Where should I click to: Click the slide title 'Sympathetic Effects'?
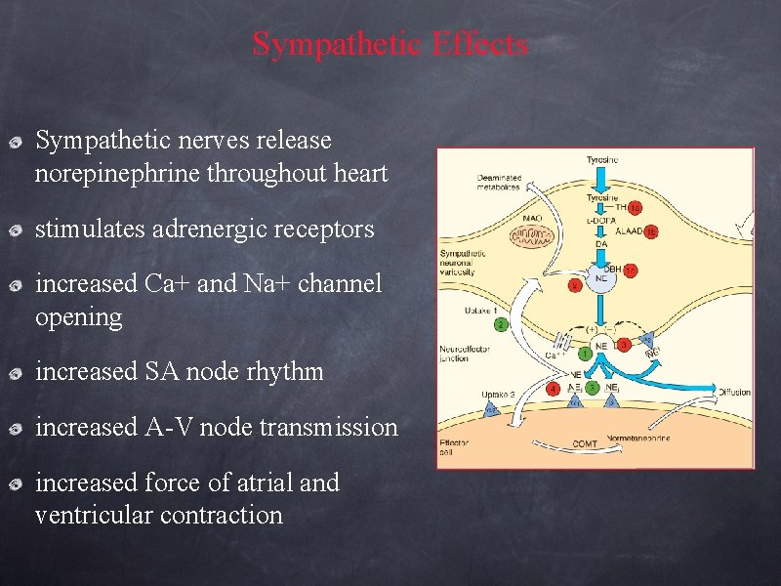pos(390,44)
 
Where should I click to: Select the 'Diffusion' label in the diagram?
pos(733,392)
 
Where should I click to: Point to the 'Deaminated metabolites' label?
pos(499,183)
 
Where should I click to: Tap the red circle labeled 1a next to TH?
pos(635,208)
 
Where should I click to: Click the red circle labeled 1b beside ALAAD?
pos(651,231)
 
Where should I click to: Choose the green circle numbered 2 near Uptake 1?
pos(501,324)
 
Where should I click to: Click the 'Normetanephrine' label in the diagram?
pos(638,438)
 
